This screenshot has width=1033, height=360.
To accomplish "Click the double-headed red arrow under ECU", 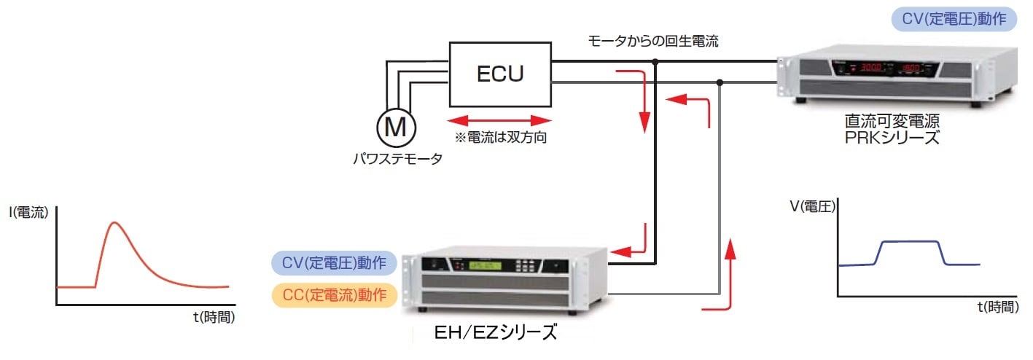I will [x=499, y=120].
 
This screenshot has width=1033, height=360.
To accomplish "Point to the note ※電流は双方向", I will [x=502, y=136].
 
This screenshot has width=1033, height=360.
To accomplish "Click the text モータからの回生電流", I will [x=653, y=41].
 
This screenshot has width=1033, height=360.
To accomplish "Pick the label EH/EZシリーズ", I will [x=495, y=334].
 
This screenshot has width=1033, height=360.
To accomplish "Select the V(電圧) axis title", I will [x=817, y=206].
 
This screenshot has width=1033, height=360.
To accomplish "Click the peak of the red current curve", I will [x=114, y=222].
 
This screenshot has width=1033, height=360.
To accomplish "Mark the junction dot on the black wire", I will [x=655, y=63].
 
